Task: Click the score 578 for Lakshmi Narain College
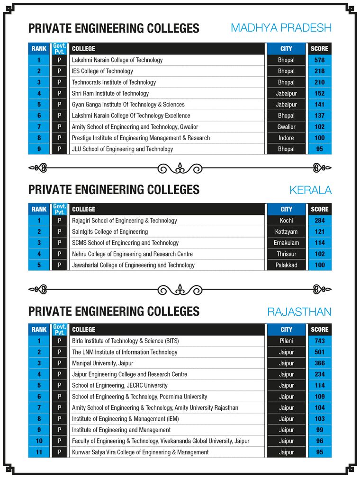coord(319,60)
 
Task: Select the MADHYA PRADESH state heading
coord(281,28)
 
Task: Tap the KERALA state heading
coord(310,190)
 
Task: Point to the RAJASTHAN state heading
coord(299,312)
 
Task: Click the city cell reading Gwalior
coord(286,127)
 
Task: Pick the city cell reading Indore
coord(286,138)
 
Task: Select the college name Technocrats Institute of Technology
coord(114,82)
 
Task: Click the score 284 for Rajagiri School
coord(319,221)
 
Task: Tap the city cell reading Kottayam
coord(286,232)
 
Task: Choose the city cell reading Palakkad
coord(286,265)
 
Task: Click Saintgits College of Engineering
coord(110,232)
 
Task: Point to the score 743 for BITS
coord(319,341)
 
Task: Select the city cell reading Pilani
coord(286,341)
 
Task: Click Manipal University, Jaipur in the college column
coord(102,363)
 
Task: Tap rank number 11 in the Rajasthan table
coord(39,452)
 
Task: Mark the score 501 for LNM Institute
coord(319,352)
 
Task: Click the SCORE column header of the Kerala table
coord(319,209)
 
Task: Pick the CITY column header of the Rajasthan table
coord(286,329)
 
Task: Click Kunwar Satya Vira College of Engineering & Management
coord(140,452)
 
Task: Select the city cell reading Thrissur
coord(286,254)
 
